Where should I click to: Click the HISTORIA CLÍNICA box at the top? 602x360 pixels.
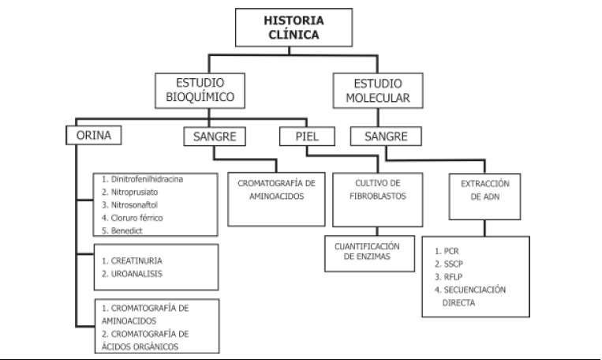click(x=294, y=28)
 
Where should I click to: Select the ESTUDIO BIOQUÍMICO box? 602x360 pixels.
click(x=200, y=91)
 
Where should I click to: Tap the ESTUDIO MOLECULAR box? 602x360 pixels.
click(x=378, y=91)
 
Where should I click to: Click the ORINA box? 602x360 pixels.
click(x=94, y=135)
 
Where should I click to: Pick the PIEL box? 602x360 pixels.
click(x=307, y=137)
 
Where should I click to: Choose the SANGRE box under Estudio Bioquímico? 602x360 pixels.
click(x=215, y=137)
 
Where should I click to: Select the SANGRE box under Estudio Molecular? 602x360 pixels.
click(x=386, y=137)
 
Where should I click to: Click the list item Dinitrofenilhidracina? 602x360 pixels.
click(x=143, y=179)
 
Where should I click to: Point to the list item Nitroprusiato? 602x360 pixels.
click(x=129, y=192)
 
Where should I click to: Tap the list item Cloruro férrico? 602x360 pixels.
click(x=132, y=218)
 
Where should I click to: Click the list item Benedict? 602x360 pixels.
click(x=122, y=231)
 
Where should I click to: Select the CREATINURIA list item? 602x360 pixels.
click(x=132, y=261)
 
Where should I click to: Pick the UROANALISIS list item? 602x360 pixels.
click(x=132, y=274)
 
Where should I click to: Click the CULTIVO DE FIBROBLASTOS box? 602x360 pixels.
click(x=378, y=200)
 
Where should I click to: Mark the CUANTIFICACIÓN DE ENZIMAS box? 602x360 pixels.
click(x=370, y=253)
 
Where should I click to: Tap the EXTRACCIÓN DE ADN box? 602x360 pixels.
click(x=485, y=197)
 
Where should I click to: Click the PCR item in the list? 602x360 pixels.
click(x=447, y=251)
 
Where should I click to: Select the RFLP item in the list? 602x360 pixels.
click(x=448, y=277)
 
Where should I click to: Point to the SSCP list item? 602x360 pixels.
click(x=449, y=264)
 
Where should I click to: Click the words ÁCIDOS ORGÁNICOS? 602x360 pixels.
click(x=140, y=347)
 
